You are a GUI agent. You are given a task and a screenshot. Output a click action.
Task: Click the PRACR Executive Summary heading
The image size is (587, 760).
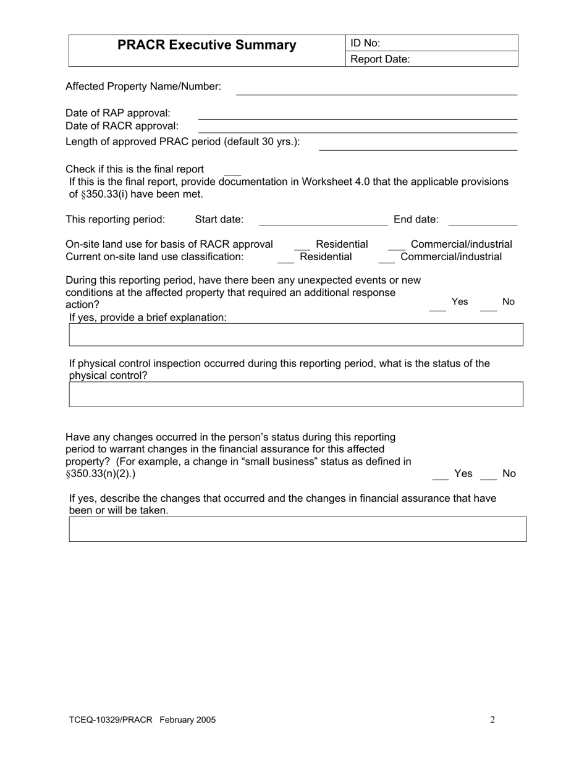pyautogui.click(x=206, y=45)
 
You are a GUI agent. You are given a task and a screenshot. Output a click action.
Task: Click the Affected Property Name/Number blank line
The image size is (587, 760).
pyautogui.click(x=376, y=90)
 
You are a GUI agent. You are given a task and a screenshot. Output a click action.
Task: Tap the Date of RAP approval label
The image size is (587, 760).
pyautogui.click(x=118, y=113)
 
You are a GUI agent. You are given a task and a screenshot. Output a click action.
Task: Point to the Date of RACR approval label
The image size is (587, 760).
pyautogui.click(x=122, y=126)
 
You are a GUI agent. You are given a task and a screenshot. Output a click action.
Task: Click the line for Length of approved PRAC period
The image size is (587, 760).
pyautogui.click(x=418, y=145)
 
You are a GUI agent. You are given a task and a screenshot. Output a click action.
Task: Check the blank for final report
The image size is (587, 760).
pyautogui.click(x=232, y=171)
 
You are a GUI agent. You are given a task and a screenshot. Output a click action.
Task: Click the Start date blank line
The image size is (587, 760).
pyautogui.click(x=323, y=221)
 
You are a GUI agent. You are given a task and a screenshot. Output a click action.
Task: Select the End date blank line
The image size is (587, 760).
pyautogui.click(x=482, y=221)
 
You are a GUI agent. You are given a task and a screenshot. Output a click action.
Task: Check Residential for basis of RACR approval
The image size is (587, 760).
pyautogui.click(x=302, y=246)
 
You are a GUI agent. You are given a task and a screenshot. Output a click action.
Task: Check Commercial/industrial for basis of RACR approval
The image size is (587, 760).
pyautogui.click(x=396, y=246)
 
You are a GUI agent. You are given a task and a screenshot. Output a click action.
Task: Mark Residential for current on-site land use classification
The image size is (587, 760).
pyautogui.click(x=285, y=258)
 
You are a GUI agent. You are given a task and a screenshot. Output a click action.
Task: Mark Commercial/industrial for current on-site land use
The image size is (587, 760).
pyautogui.click(x=386, y=258)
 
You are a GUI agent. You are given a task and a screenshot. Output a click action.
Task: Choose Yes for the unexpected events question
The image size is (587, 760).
pyautogui.click(x=437, y=305)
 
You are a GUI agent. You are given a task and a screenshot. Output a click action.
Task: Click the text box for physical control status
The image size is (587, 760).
pyautogui.click(x=296, y=394)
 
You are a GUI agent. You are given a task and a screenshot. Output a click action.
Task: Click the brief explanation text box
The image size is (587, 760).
pyautogui.click(x=296, y=334)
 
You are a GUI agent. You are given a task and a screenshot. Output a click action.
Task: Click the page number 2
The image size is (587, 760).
pyautogui.click(x=492, y=720)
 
